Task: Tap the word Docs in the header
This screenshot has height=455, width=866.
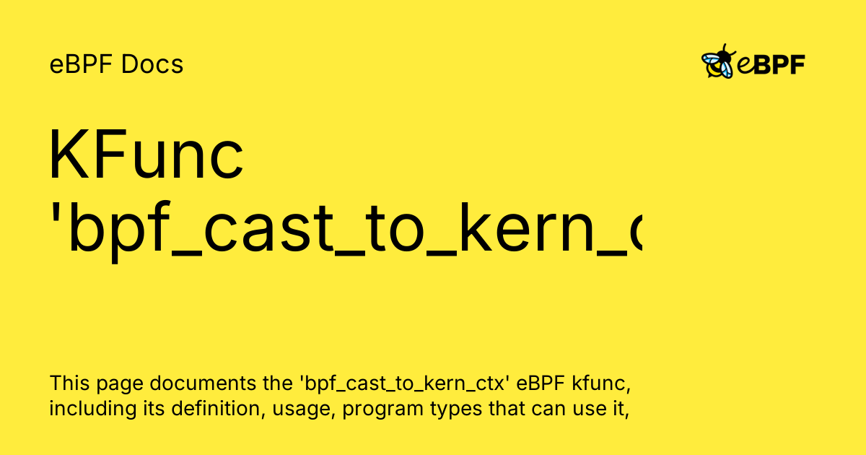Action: [152, 65]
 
